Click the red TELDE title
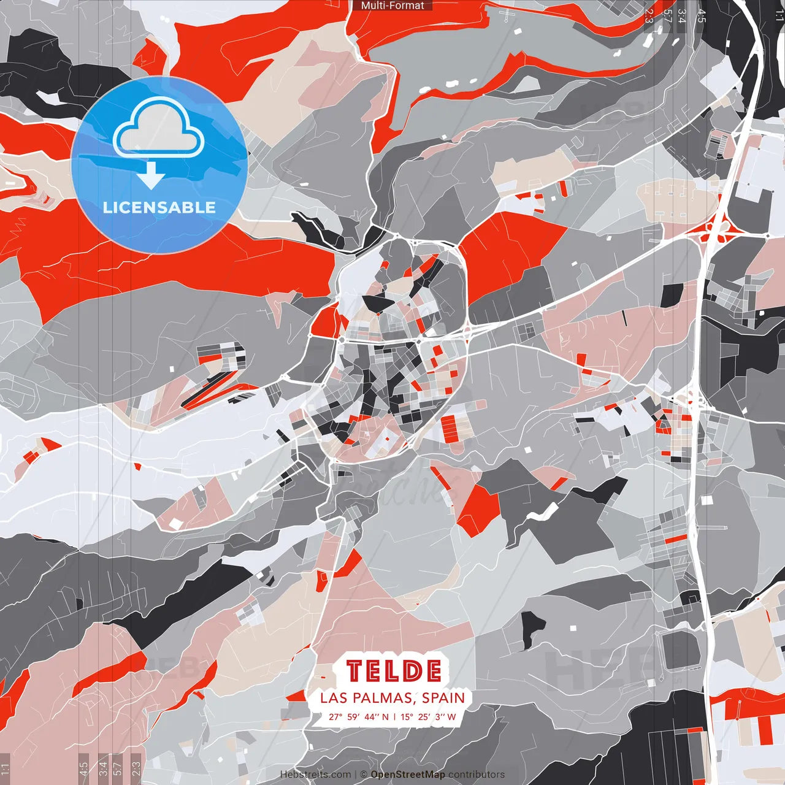pos(393,671)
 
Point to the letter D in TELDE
pos(413,671)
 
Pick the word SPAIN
pos(443,698)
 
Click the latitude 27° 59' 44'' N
pos(359,716)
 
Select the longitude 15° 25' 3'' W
pos(429,716)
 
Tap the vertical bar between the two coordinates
pos(395,716)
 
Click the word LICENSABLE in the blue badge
pos(159,207)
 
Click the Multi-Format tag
pos(392,6)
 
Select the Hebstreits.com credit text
pos(316,775)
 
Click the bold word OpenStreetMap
pos(408,775)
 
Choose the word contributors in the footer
pos(477,775)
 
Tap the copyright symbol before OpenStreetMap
pos(364,775)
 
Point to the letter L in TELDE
pos(393,671)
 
